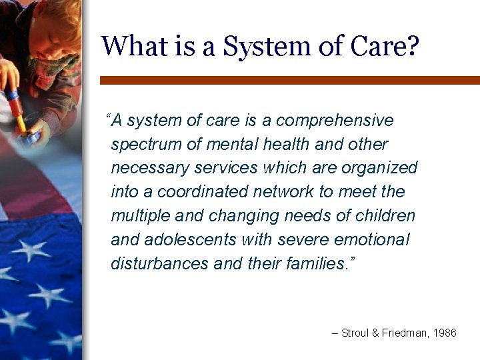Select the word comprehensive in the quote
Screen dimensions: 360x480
coord(335,121)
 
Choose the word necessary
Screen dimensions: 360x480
coord(147,168)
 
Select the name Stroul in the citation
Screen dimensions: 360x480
coord(355,333)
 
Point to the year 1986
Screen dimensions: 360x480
coord(444,333)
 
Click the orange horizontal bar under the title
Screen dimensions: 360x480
coord(289,80)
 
